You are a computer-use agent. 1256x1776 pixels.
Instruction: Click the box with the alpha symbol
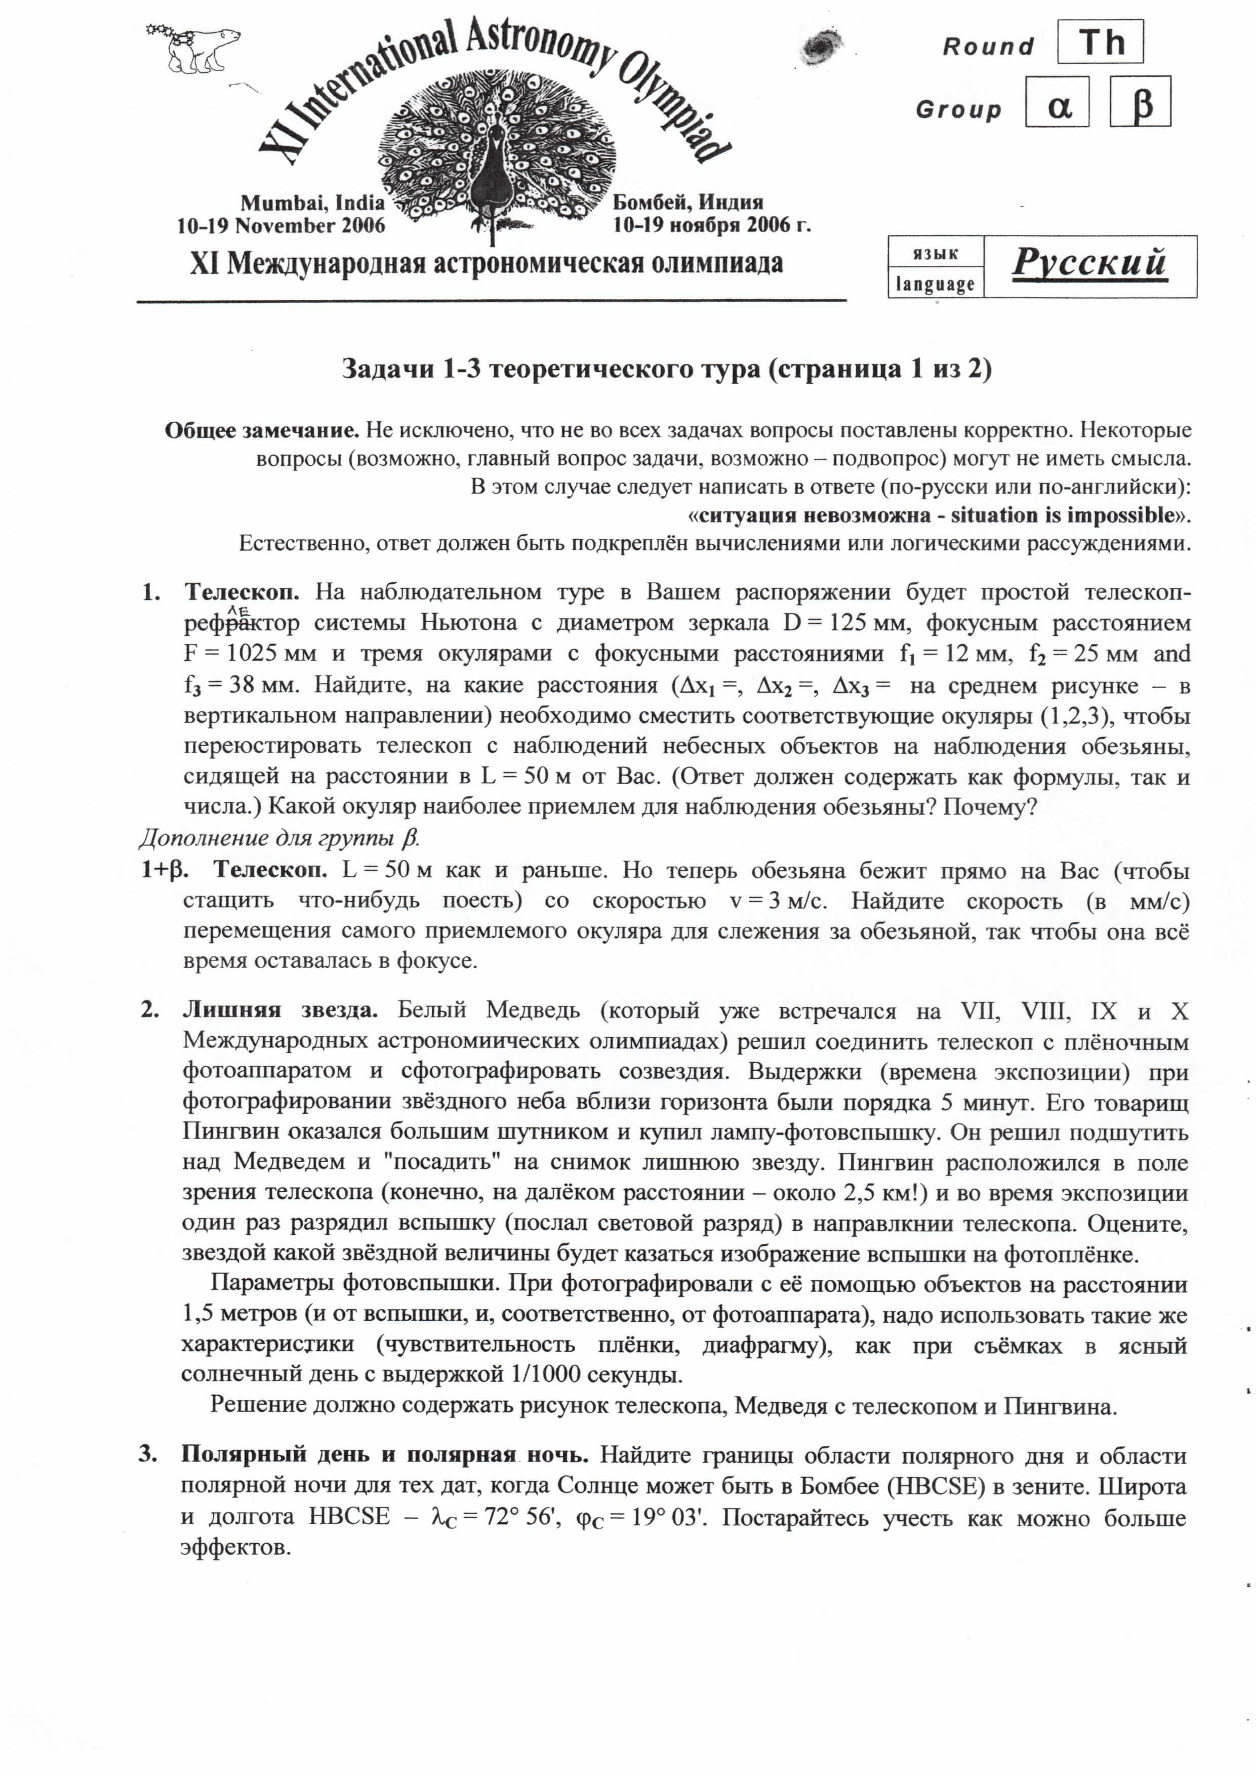click(x=1057, y=102)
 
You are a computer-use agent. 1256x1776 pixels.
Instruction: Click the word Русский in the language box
click(x=1089, y=263)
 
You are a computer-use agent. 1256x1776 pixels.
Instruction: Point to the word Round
click(x=988, y=47)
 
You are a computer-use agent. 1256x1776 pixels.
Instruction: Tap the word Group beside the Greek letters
click(x=958, y=110)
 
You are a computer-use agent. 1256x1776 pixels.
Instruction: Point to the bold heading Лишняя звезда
click(x=280, y=1010)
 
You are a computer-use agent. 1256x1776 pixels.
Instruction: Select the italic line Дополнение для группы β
click(x=279, y=838)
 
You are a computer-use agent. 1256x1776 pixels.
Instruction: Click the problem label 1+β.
click(x=164, y=870)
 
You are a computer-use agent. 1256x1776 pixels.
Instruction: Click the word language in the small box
click(x=935, y=284)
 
